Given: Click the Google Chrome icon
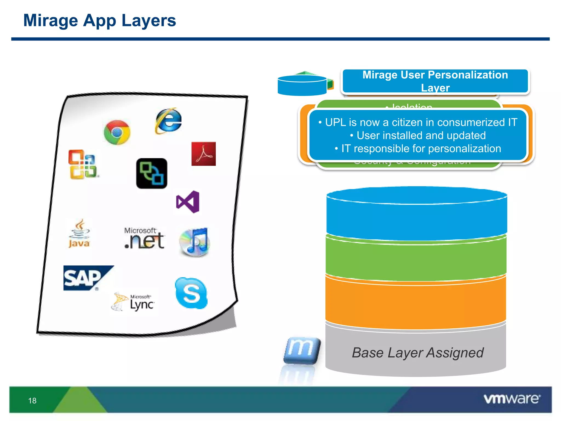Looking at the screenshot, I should point(117,132).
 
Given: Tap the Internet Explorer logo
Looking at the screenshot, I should point(168,121).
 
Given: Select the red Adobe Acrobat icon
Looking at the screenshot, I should point(204,154).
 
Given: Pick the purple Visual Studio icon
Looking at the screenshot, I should point(188,202).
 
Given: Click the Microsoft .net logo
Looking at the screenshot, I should point(144,238).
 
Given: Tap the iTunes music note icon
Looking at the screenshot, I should point(195,242).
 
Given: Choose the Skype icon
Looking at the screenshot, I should point(191,293).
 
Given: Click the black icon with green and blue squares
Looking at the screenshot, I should point(151,173).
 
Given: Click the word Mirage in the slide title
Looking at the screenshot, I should point(50,21).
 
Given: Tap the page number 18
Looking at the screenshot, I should point(32,401).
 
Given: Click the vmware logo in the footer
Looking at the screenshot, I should point(512,399).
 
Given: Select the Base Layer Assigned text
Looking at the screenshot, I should point(417,353).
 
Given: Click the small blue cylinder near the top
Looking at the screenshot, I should point(302,86).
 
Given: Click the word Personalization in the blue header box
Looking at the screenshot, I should point(468,75).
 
